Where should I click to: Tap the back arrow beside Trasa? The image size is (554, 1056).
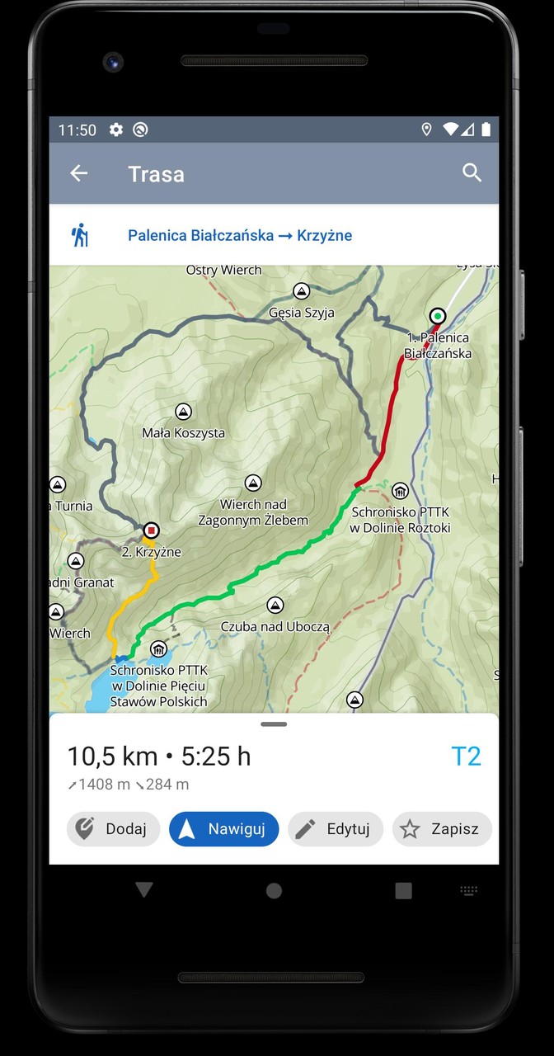[x=78, y=173]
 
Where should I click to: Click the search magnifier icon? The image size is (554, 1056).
[x=472, y=172]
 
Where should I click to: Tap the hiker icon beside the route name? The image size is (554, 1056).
[x=80, y=235]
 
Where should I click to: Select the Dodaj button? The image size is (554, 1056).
[x=113, y=829]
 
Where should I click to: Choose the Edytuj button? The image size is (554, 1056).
[x=336, y=829]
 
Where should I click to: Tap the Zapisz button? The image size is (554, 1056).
[x=442, y=829]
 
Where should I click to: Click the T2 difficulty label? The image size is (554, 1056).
[x=466, y=757]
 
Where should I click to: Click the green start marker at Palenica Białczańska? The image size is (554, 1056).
[x=438, y=316]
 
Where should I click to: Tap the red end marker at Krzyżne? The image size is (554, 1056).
[x=151, y=530]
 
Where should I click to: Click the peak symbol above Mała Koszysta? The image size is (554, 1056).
[x=183, y=412]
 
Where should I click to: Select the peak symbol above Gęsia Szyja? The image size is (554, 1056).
[x=302, y=291]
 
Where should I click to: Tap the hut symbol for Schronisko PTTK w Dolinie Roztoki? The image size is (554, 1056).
[x=400, y=492]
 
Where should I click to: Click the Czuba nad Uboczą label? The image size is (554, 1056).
[x=275, y=627]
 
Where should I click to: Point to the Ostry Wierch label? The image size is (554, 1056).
[x=223, y=271]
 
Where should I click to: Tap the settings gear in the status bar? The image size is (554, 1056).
[x=116, y=130]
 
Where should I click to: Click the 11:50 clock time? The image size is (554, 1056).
[x=77, y=130]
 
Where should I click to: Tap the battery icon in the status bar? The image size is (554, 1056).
[x=486, y=130]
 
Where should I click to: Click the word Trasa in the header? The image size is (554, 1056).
[x=156, y=174]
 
